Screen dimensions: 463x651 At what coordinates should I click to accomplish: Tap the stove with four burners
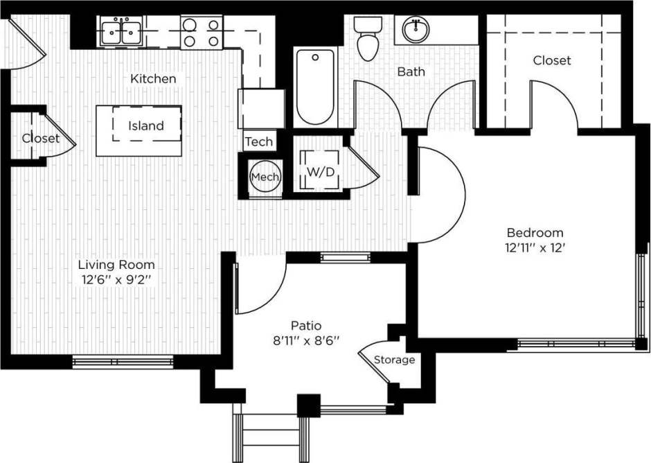(201, 33)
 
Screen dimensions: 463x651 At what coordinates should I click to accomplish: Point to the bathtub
(314, 87)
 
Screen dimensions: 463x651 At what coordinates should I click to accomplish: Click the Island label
(146, 126)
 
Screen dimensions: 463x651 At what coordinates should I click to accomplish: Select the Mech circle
(264, 177)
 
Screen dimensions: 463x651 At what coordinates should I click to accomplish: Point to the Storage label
(395, 360)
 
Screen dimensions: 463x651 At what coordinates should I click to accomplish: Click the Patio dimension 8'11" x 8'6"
(306, 341)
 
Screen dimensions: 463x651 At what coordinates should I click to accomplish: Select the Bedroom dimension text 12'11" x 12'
(535, 247)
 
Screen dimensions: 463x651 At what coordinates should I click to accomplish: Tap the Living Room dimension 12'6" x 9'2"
(116, 280)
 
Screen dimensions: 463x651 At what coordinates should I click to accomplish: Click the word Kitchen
(153, 79)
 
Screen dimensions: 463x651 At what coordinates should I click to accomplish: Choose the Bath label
(411, 71)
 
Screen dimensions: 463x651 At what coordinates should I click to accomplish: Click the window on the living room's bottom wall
(123, 361)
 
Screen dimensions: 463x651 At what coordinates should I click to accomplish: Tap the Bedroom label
(535, 233)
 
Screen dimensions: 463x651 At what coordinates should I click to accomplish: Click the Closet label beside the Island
(39, 139)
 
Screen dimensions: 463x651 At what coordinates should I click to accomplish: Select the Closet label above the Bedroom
(552, 61)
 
